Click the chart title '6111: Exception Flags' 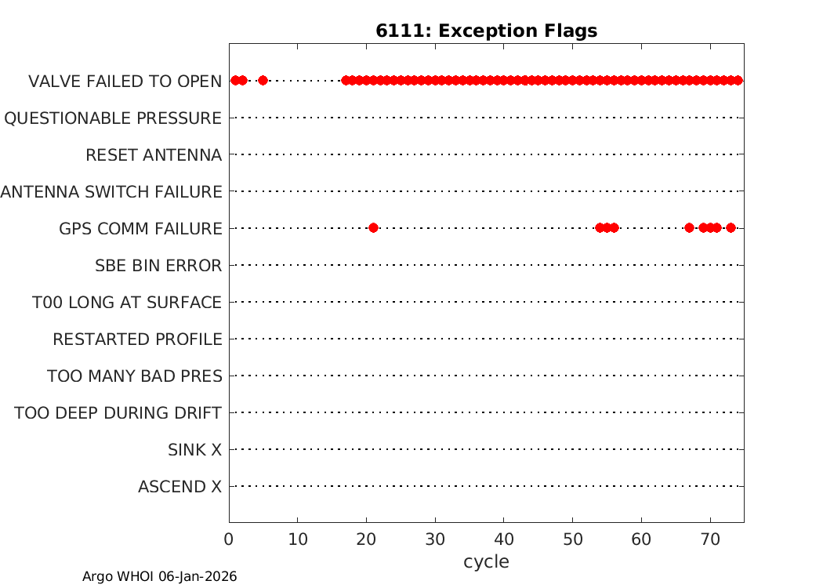(487, 31)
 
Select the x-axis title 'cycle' (486, 562)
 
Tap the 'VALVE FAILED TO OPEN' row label (125, 82)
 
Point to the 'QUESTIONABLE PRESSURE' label (113, 118)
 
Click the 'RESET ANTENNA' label (154, 155)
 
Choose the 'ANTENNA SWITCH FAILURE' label (111, 191)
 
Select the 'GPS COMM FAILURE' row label (140, 229)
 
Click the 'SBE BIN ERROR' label (158, 266)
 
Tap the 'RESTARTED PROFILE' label (137, 339)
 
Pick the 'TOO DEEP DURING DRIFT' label (118, 413)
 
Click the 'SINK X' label (194, 450)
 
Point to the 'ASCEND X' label (180, 487)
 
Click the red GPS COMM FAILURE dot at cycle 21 (373, 228)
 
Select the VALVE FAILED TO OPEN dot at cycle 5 (263, 80)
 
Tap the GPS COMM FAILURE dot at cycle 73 (731, 228)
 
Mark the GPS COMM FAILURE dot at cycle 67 (689, 228)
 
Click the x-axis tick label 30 (435, 539)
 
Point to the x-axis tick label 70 (710, 539)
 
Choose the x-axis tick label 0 (229, 539)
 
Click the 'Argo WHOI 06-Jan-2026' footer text (160, 576)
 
